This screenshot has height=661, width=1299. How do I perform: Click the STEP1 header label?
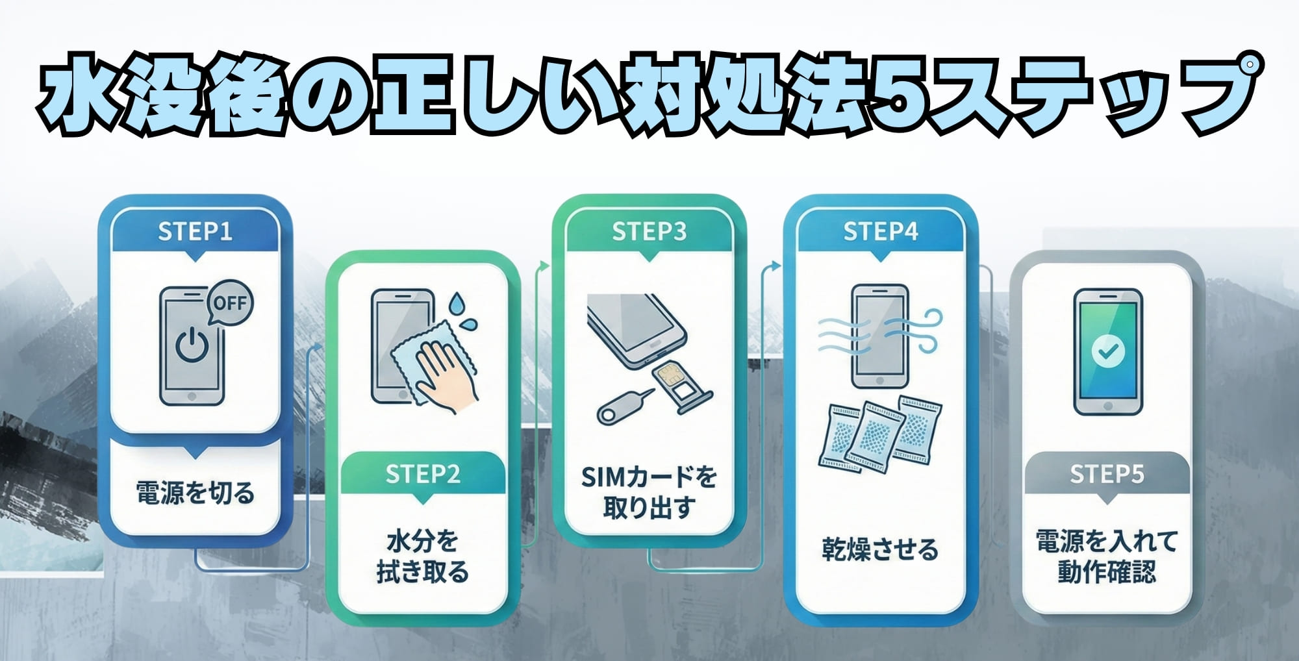195,232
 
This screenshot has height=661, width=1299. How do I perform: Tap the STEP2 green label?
423,474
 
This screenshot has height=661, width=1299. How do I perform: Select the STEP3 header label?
649,232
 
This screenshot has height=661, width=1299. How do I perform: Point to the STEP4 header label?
880,232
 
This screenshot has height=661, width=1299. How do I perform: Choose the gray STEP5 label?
1107,474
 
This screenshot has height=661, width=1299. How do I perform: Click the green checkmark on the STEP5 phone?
1107,351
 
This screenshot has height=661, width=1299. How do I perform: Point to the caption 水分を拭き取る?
423,556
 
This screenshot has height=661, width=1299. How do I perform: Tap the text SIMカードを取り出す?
649,492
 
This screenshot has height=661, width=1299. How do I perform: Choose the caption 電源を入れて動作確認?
1107,556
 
